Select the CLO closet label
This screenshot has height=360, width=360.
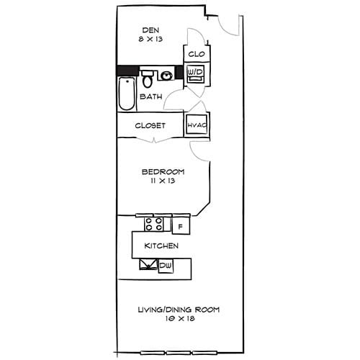pyautogui.click(x=196, y=54)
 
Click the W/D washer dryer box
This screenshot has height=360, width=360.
pyautogui.click(x=195, y=73)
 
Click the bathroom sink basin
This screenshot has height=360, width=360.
pyautogui.click(x=167, y=75)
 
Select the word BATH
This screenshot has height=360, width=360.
pyautogui.click(x=150, y=96)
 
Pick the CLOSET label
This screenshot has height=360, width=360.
pyautogui.click(x=150, y=125)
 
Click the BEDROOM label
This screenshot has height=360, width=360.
pyautogui.click(x=163, y=171)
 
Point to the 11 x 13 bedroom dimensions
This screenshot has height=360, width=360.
pyautogui.click(x=163, y=181)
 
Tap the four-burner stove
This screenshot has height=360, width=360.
pyautogui.click(x=153, y=224)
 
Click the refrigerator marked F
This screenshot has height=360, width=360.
pyautogui.click(x=180, y=226)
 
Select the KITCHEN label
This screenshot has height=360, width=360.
pyautogui.click(x=161, y=246)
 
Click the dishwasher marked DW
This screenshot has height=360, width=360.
pyautogui.click(x=165, y=266)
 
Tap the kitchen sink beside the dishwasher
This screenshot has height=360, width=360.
pyautogui.click(x=148, y=266)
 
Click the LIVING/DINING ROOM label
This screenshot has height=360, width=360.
pyautogui.click(x=179, y=310)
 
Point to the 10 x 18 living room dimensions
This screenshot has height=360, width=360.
pyautogui.click(x=179, y=320)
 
